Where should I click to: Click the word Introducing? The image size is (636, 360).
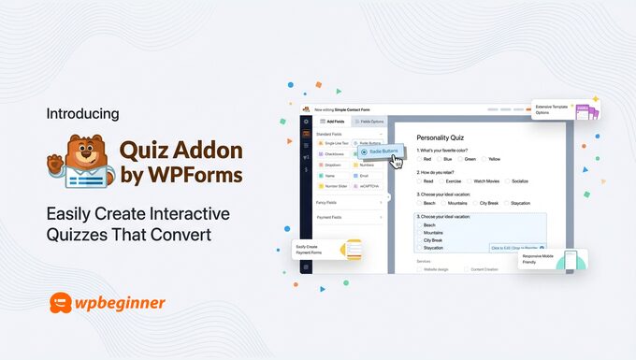(82, 114)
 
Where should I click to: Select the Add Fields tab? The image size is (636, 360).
(334, 122)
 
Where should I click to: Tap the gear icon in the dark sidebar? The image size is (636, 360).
(306, 122)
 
